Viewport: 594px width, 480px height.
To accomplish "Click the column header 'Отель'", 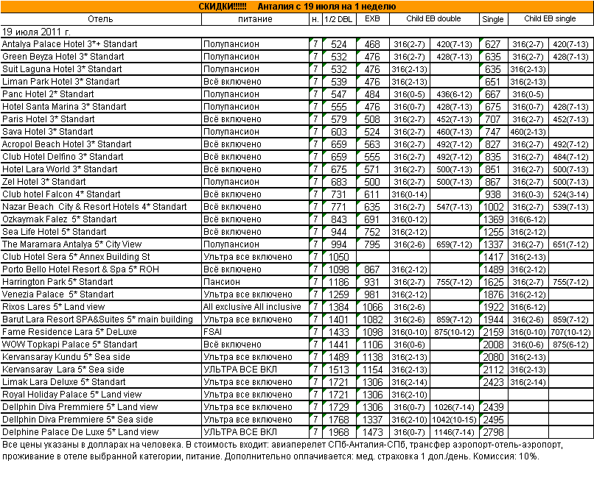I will point(100,18).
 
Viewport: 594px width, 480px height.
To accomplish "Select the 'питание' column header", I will point(254,18).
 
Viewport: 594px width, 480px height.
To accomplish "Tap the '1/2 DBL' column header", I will point(338,18).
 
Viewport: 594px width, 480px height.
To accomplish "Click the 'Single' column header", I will point(492,18).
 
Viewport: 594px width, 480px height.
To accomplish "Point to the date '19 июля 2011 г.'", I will point(38,32).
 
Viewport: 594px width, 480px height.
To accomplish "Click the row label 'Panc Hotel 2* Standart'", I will point(49,94).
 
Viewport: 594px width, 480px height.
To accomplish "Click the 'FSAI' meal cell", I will point(214,332).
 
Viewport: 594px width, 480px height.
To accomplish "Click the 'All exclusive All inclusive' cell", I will point(252,307).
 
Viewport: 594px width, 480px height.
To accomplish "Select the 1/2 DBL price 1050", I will point(339,257).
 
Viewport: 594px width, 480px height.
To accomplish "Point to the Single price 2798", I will point(493,432).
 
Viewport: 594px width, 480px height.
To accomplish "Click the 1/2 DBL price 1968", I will point(339,432).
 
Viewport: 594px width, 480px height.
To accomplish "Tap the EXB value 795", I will point(372,244).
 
